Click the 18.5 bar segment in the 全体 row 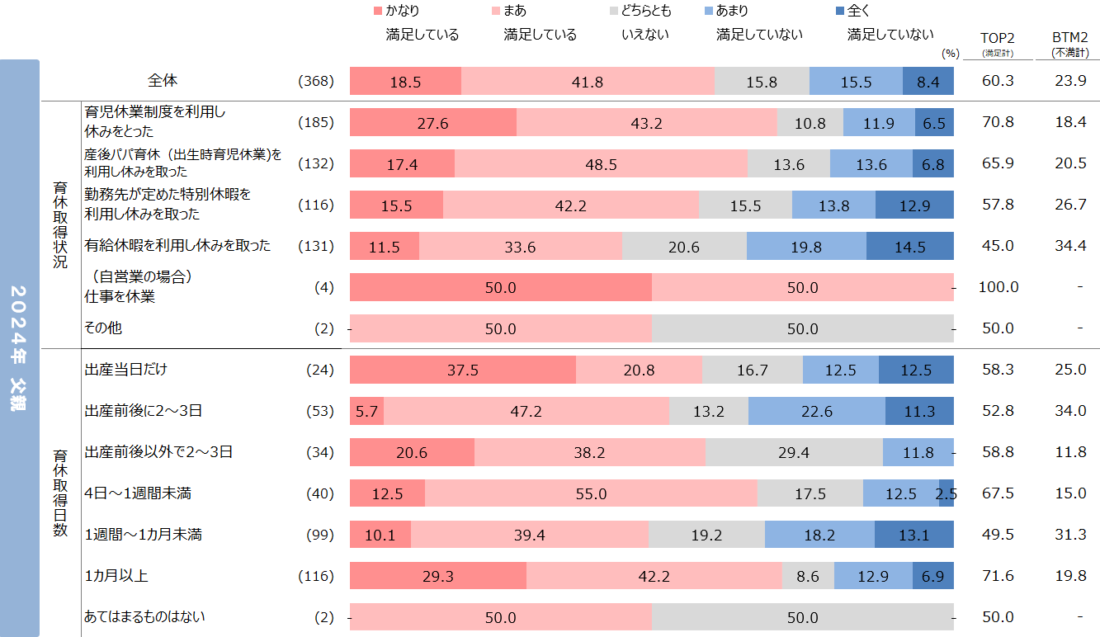[405, 82]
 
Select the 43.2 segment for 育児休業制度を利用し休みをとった [646, 123]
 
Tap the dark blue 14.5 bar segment [909, 247]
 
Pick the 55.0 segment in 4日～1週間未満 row [591, 494]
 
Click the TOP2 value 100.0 [998, 287]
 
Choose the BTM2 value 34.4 [1069, 246]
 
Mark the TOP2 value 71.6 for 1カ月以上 [998, 576]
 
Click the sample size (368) [316, 81]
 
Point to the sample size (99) [319, 535]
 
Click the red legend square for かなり [378, 12]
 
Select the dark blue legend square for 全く [839, 12]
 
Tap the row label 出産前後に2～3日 [144, 410]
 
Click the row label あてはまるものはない [145, 616]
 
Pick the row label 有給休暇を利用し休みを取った [177, 245]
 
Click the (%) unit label [950, 53]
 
